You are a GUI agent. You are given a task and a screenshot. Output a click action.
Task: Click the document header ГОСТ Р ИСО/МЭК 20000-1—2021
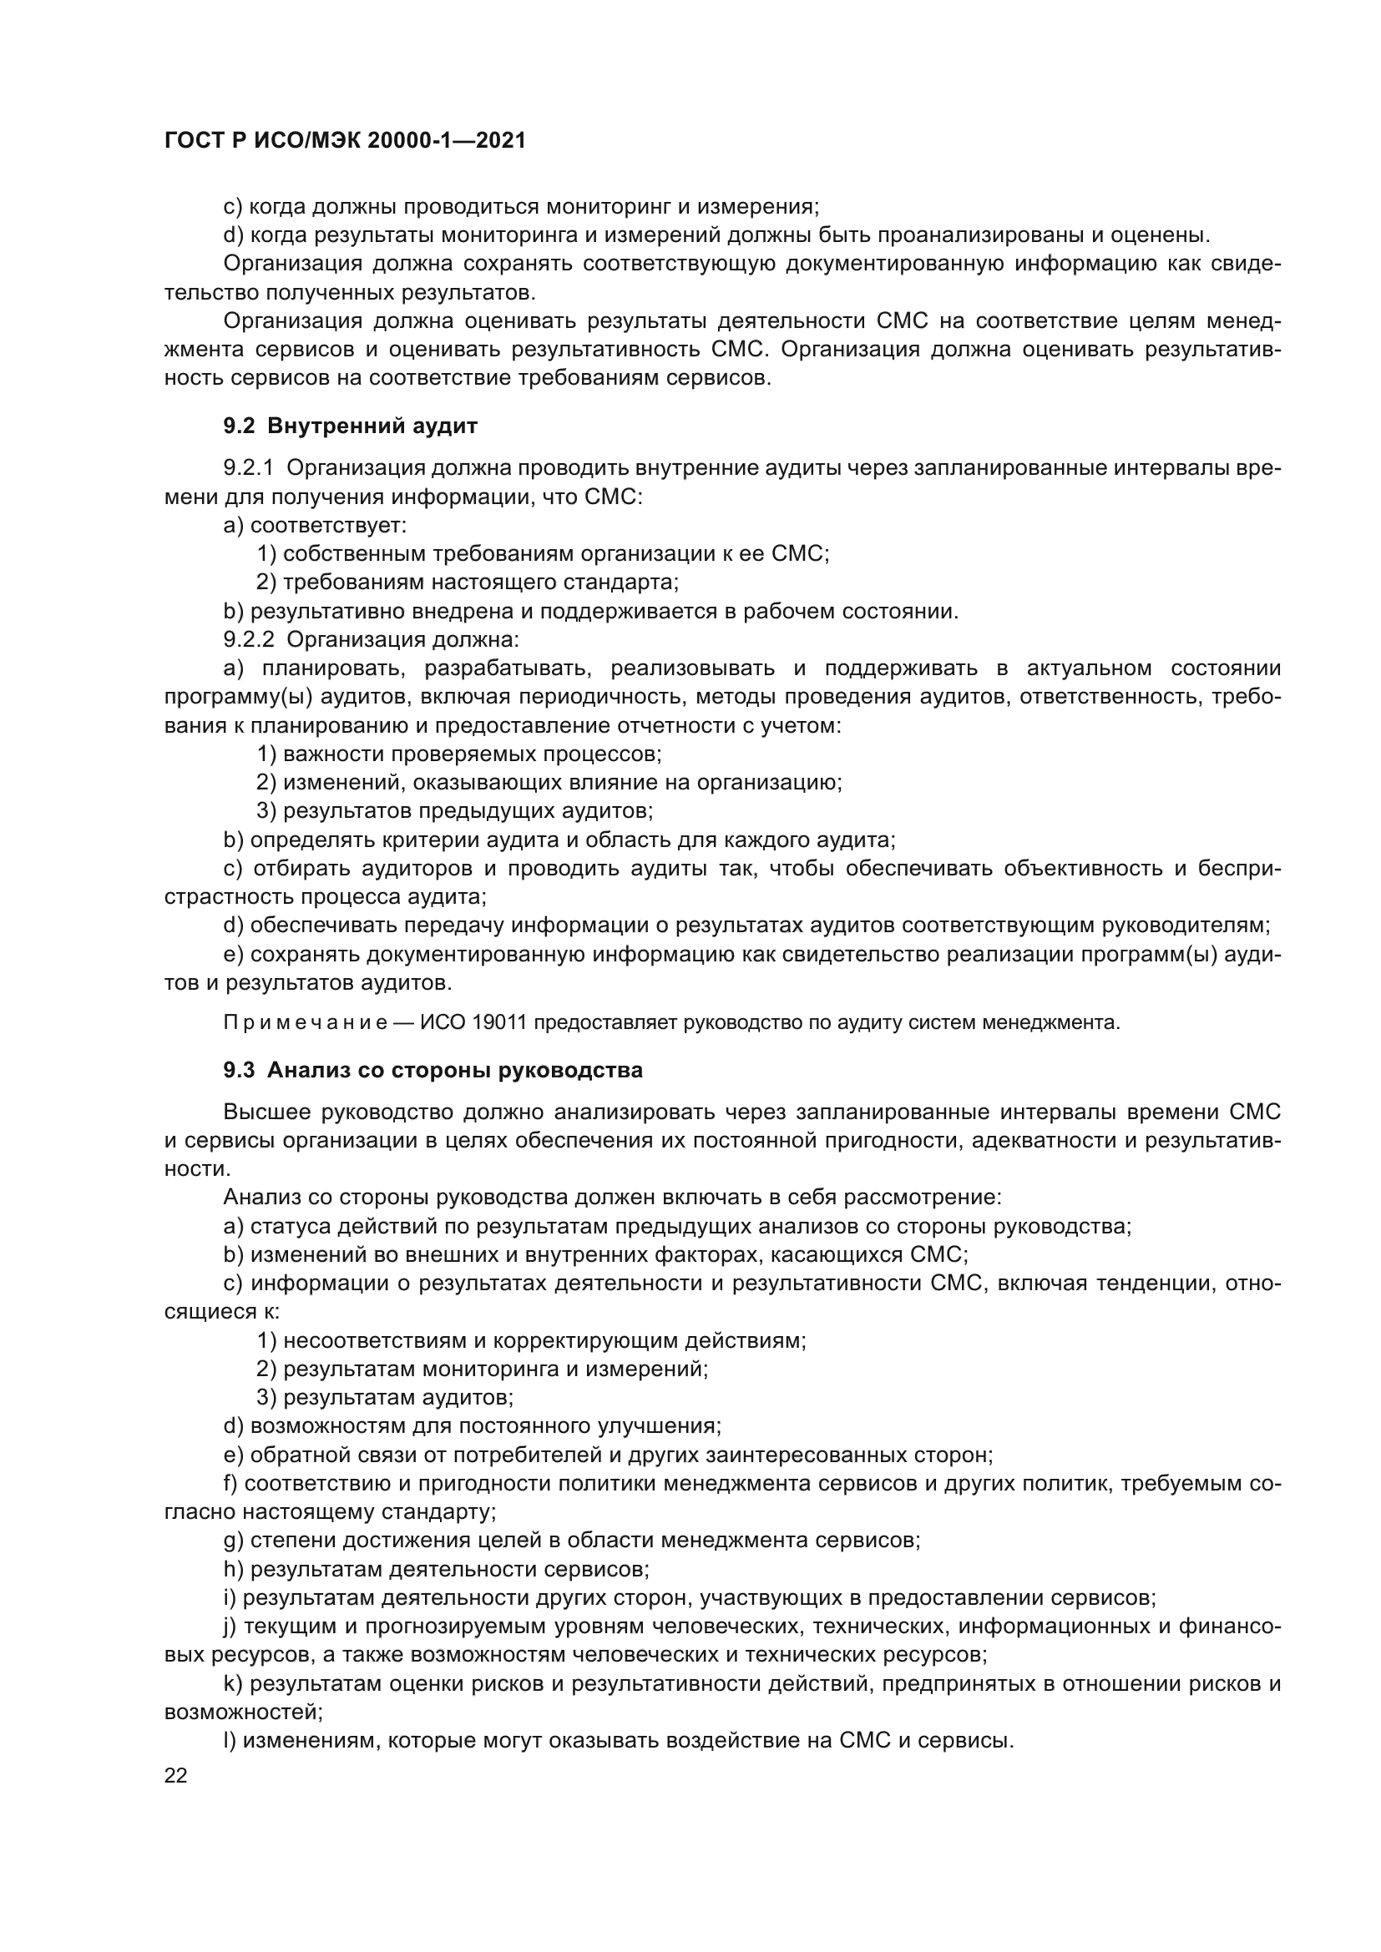(346, 141)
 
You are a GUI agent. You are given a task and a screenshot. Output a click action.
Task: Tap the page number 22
(176, 1775)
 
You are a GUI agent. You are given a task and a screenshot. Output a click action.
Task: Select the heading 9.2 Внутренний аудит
(351, 426)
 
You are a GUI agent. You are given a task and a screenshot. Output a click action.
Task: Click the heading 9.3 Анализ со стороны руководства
(433, 1071)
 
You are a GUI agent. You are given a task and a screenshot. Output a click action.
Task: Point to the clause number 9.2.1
(248, 468)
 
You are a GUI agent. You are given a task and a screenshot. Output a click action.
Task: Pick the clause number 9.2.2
(248, 639)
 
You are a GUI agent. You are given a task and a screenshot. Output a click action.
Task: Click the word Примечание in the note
(306, 1023)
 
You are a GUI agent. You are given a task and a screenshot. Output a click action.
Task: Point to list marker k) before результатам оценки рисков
(232, 1683)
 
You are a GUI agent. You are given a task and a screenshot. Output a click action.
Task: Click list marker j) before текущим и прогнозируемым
(230, 1627)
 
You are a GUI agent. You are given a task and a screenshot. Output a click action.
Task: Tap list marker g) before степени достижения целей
(233, 1540)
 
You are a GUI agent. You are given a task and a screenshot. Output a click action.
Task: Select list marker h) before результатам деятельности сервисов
(233, 1569)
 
